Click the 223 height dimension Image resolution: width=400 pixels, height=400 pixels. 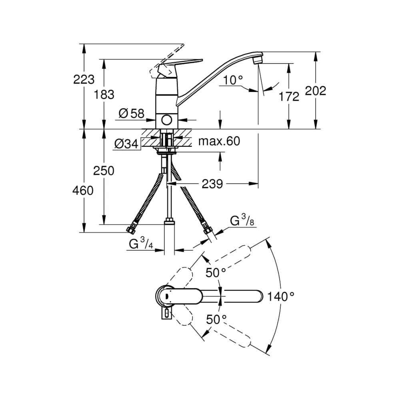point(84,79)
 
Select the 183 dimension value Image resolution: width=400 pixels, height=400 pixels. point(104,95)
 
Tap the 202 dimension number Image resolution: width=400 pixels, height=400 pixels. point(316,91)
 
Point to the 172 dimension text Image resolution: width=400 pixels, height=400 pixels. point(289,96)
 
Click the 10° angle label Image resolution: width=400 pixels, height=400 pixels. point(233,80)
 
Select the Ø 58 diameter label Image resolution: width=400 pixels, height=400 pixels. point(131,114)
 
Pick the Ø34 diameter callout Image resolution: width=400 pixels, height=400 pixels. point(126,144)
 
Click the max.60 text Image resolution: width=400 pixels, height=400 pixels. point(219,141)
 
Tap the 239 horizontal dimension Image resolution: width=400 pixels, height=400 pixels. point(212,184)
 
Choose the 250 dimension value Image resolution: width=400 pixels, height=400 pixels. point(104,171)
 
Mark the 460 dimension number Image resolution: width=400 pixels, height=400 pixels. point(83,190)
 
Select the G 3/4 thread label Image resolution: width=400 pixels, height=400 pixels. point(141,243)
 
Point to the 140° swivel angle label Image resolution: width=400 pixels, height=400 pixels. point(281,296)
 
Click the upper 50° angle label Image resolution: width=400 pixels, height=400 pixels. point(216,273)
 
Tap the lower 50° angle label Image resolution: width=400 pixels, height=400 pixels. point(216,319)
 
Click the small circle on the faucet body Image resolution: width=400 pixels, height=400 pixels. point(166,120)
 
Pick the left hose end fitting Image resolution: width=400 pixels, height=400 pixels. point(131,229)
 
